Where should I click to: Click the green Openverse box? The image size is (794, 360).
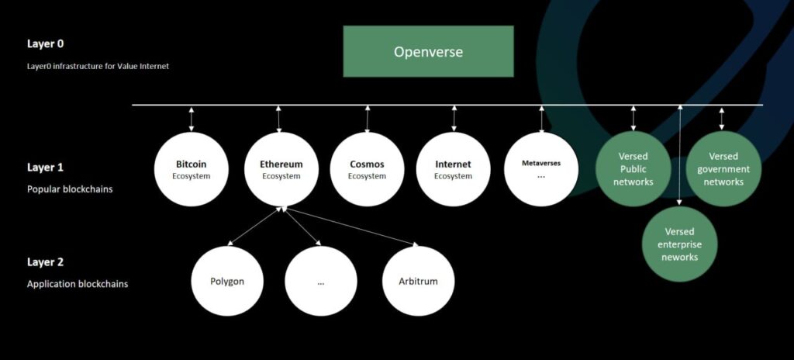pos(428,51)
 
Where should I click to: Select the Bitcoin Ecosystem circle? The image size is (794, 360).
pos(191,169)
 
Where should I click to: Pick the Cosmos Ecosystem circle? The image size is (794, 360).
pos(367,169)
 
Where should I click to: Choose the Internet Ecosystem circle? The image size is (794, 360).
pos(454,169)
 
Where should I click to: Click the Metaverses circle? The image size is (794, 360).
pos(541,169)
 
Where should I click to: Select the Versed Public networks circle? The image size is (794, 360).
pos(633,169)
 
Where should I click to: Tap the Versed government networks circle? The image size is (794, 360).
pos(723,169)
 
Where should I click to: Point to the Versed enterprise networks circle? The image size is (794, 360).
pos(679,244)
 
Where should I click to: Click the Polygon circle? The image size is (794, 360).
pos(227,281)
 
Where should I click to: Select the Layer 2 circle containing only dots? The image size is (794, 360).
pos(320,281)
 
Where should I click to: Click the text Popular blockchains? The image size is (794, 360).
pos(70,189)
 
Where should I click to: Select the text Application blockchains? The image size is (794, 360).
pos(78,284)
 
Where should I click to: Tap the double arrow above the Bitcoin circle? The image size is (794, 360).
pos(191,119)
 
